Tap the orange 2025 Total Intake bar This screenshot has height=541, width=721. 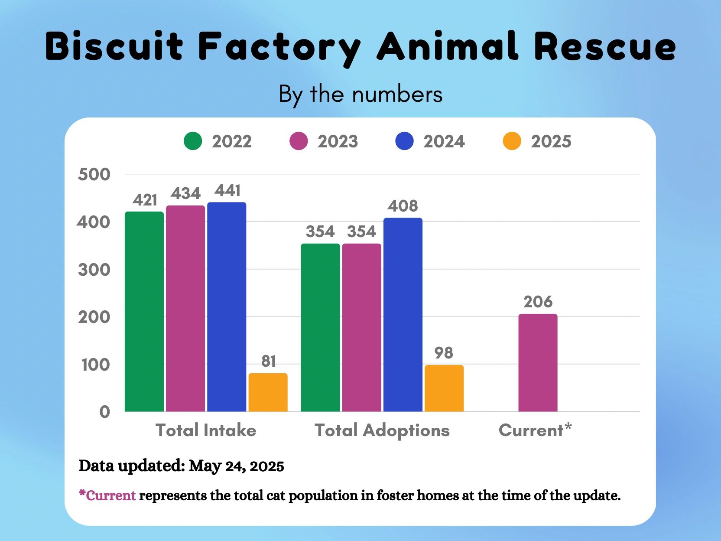tap(268, 392)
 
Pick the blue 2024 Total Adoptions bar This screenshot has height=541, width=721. tap(403, 314)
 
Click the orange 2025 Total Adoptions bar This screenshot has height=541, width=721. tap(444, 388)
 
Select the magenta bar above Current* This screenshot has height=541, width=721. tap(538, 362)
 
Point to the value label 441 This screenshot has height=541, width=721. tap(227, 191)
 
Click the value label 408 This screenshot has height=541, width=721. tap(403, 206)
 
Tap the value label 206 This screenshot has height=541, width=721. tap(538, 302)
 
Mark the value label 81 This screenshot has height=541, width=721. tap(268, 361)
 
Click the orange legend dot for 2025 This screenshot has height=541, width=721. tap(512, 141)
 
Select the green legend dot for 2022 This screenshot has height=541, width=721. tap(193, 141)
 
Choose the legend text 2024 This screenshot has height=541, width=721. tap(444, 141)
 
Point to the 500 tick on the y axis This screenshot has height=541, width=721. tap(94, 175)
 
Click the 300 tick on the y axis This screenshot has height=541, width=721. tap(94, 270)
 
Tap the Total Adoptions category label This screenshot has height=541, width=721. tap(382, 430)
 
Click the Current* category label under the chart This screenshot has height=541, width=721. tap(535, 430)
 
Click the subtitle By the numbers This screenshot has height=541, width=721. tap(360, 94)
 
